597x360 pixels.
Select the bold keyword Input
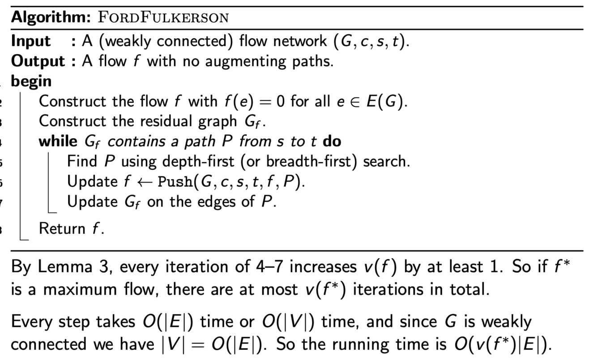[31, 42]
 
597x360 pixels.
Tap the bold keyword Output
[38, 61]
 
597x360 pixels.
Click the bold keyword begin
[31, 81]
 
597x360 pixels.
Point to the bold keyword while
[58, 141]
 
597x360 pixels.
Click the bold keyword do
[332, 141]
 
